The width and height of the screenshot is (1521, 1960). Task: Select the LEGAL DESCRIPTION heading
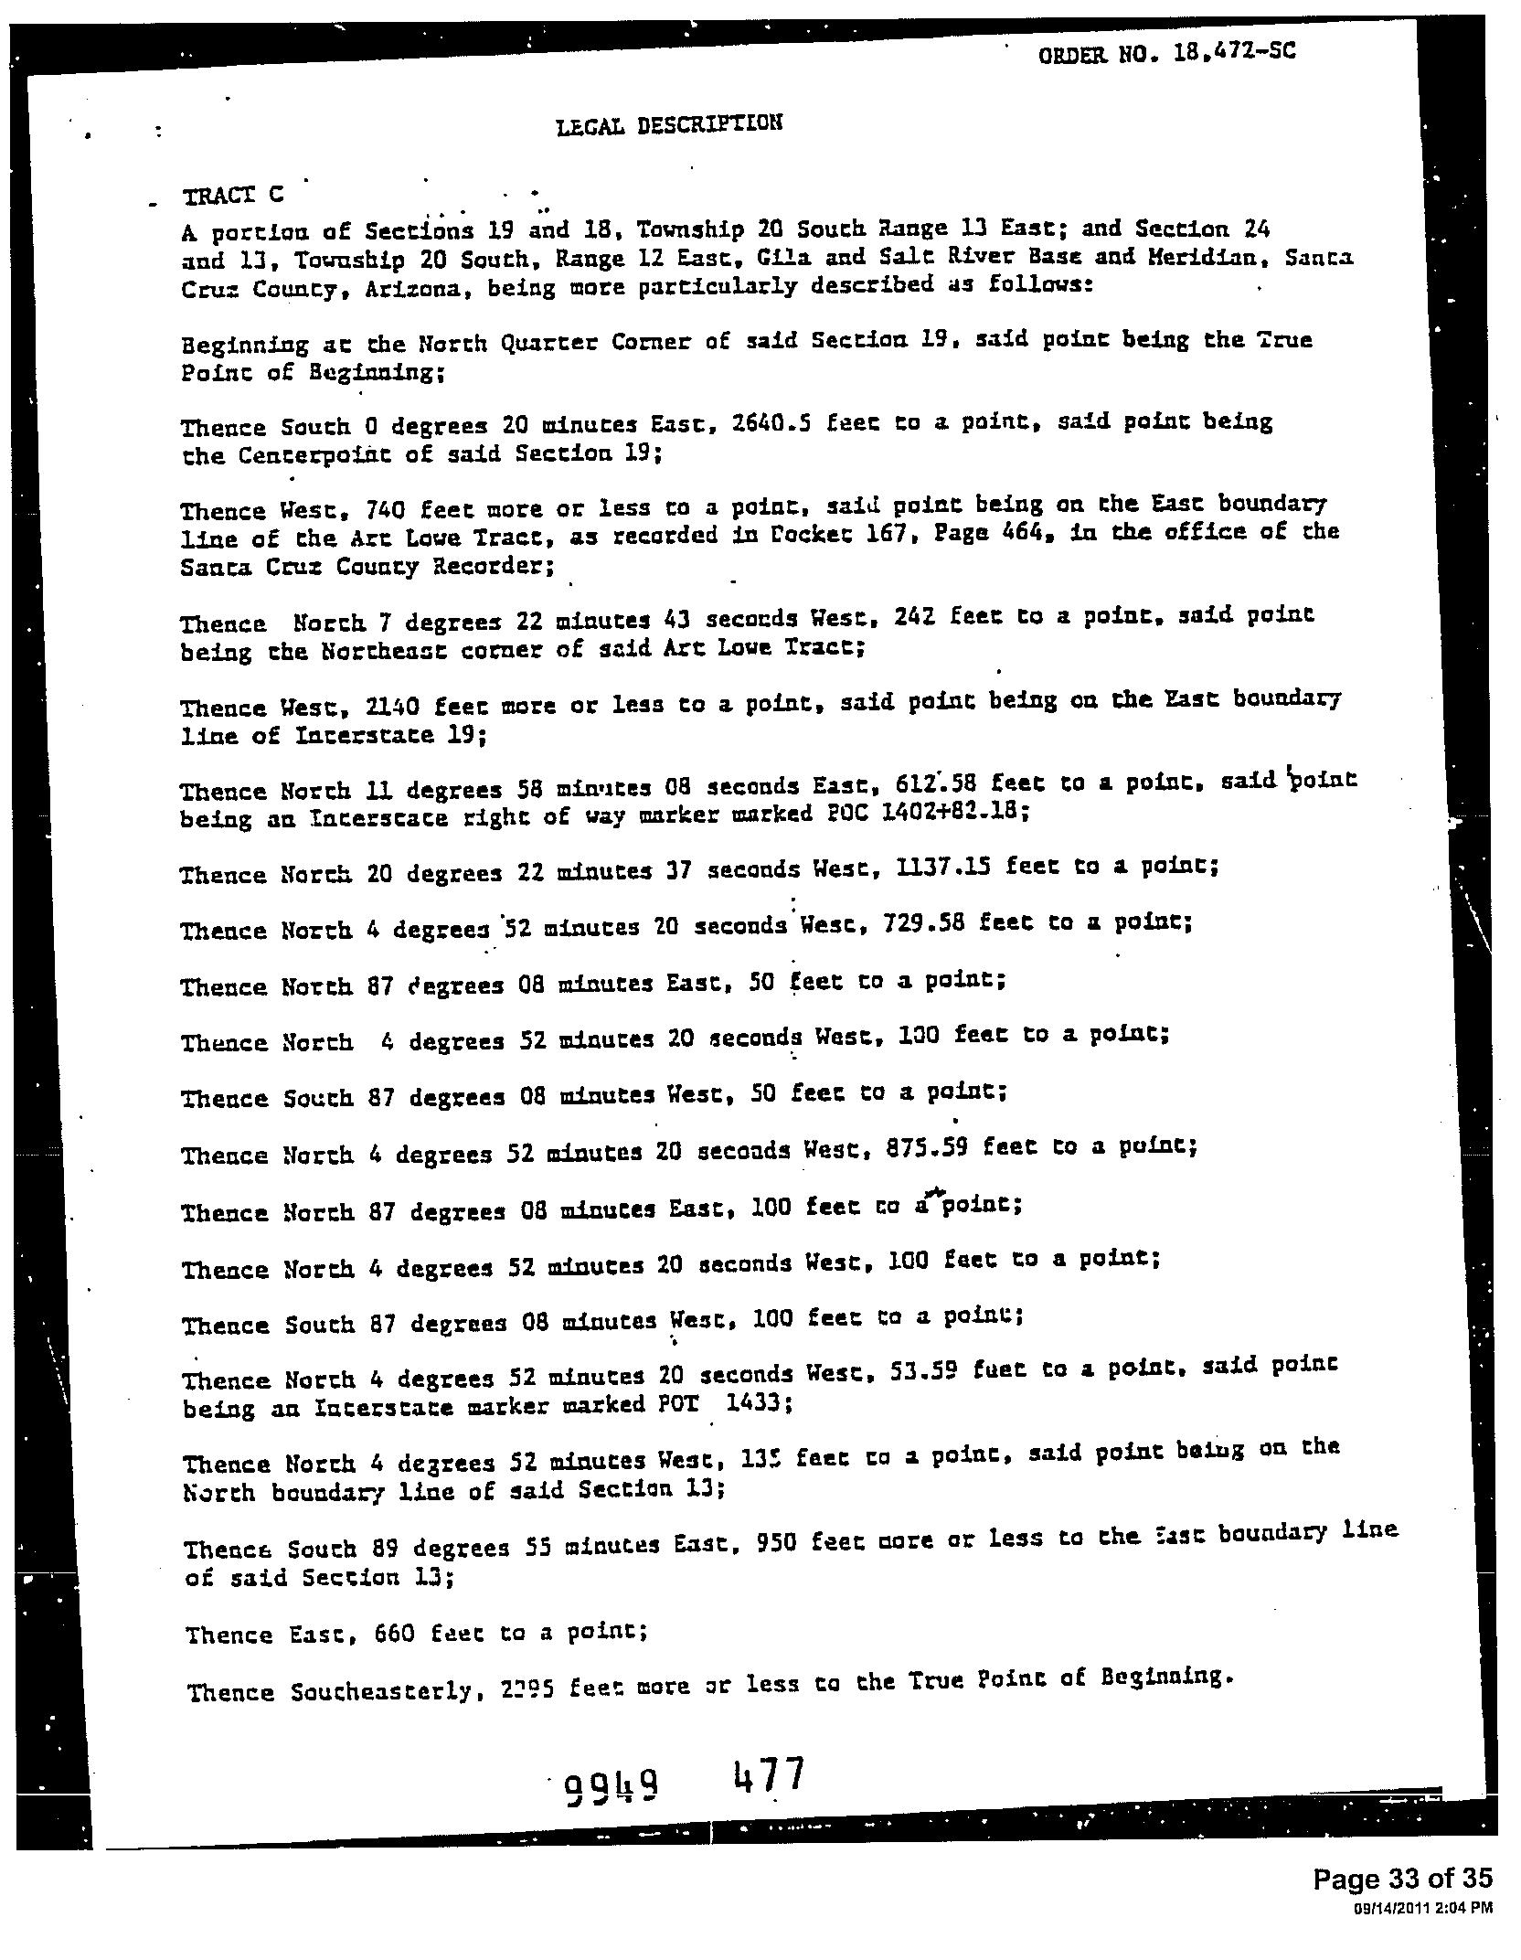(669, 123)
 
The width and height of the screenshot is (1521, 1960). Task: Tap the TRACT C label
(234, 195)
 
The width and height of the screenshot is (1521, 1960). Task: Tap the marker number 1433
(756, 1402)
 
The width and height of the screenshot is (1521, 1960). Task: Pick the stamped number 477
(769, 1775)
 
